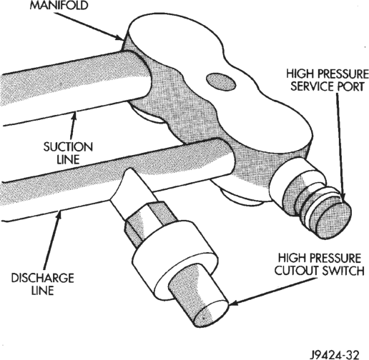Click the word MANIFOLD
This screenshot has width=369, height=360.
[x=59, y=5]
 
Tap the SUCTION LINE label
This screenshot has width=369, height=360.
[x=68, y=153]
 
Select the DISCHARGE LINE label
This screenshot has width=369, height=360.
[x=43, y=284]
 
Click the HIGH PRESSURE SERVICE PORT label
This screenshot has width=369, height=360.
[x=328, y=80]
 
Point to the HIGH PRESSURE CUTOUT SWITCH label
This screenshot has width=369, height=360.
[x=320, y=264]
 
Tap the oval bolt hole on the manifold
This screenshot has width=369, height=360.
[x=221, y=81]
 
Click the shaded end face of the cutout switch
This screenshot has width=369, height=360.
[x=209, y=314]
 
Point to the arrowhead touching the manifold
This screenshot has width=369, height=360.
[x=120, y=37]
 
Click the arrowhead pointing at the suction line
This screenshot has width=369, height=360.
[x=75, y=116]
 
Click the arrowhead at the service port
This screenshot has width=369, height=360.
[x=343, y=197]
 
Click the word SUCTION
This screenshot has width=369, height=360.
[x=68, y=147]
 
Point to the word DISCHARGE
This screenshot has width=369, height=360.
[x=43, y=279]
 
